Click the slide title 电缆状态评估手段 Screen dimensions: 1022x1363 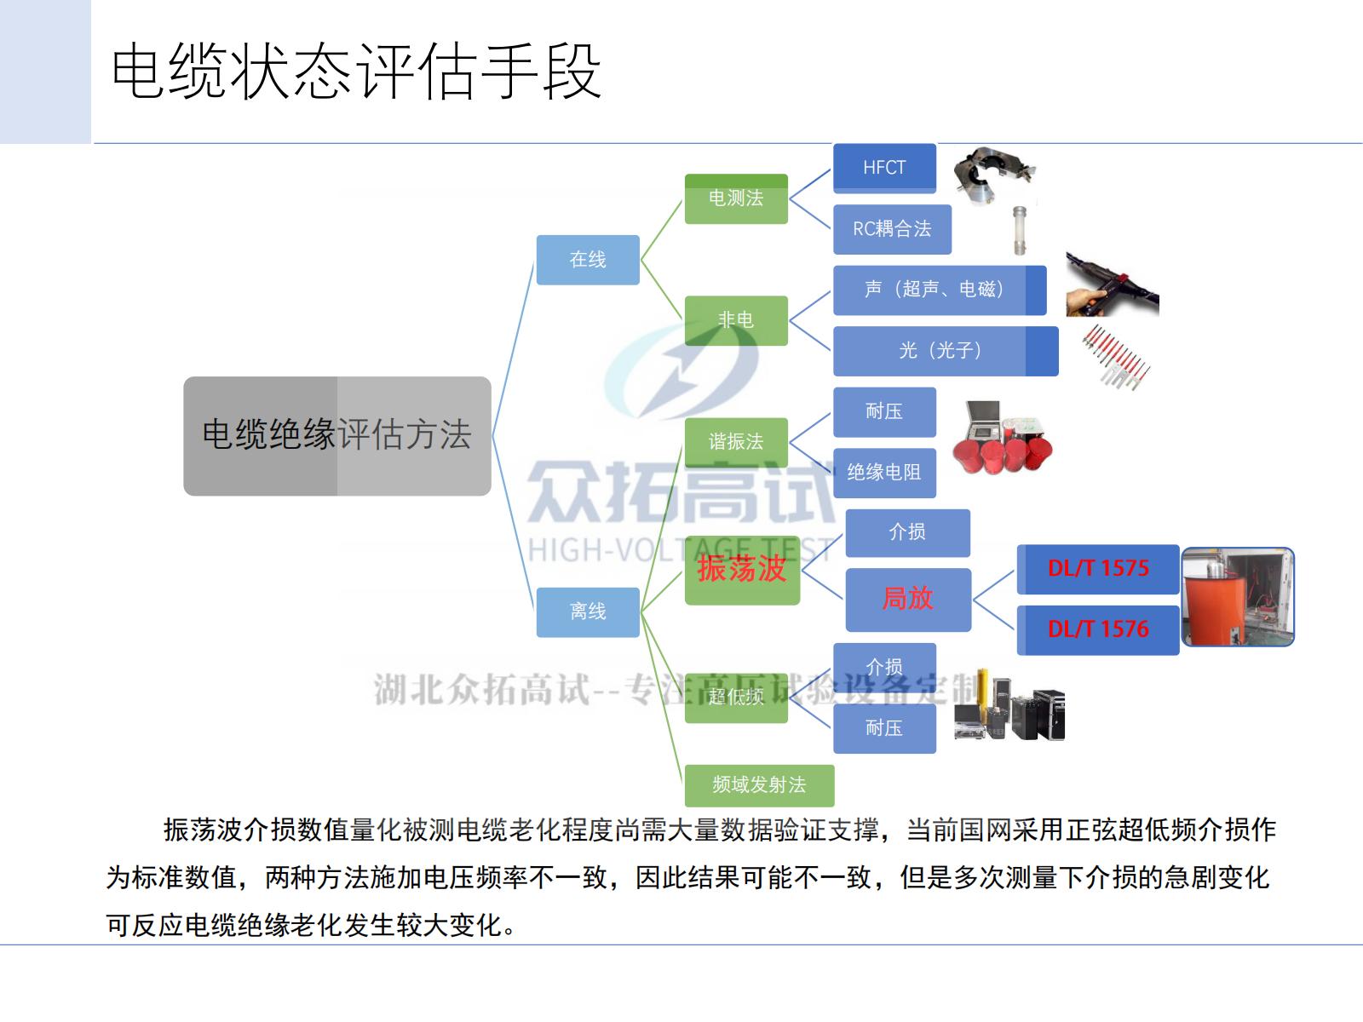(x=356, y=72)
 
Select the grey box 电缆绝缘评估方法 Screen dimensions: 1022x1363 (x=336, y=435)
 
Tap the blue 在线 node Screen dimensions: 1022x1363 (x=587, y=260)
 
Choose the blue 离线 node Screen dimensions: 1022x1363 (x=587, y=611)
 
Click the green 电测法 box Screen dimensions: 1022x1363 (x=736, y=199)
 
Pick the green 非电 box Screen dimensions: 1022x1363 (x=736, y=320)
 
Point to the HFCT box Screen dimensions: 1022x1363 (x=884, y=168)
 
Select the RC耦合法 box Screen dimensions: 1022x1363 (x=892, y=229)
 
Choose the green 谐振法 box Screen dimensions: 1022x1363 (x=736, y=442)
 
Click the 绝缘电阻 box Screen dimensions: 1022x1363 (x=884, y=473)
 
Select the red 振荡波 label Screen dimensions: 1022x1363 (x=741, y=569)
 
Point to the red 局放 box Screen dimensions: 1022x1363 (x=908, y=600)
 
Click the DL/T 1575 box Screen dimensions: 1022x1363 (x=1098, y=569)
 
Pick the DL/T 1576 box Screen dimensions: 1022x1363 (x=1098, y=630)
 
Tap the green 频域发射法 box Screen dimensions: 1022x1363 (x=759, y=785)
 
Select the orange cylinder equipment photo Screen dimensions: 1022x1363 (x=1238, y=597)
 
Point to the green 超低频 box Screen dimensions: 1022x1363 (x=736, y=698)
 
